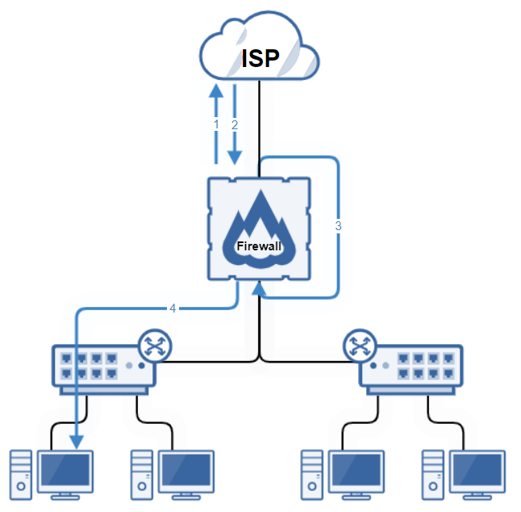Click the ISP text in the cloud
(x=260, y=58)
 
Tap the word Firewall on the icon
(x=259, y=244)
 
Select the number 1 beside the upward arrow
(x=215, y=125)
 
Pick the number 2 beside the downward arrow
(x=235, y=125)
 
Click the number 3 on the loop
(x=338, y=226)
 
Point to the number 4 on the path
(x=172, y=308)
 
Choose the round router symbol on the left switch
(x=154, y=346)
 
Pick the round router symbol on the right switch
(x=360, y=346)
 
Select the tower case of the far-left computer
(x=22, y=476)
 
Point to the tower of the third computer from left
(x=312, y=476)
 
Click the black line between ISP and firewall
(x=259, y=121)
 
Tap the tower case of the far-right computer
(x=434, y=476)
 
